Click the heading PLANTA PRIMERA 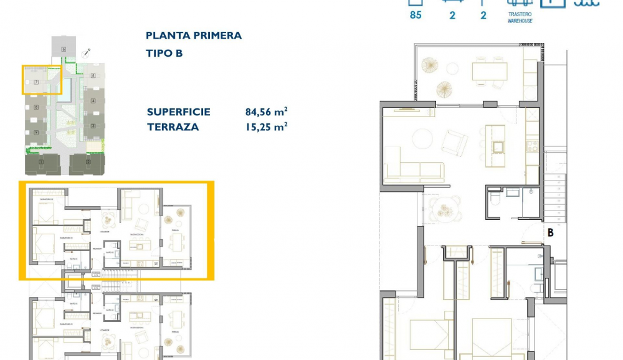tap(193, 36)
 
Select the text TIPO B tap(164, 54)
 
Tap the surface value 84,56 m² tap(266, 112)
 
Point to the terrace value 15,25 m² tap(266, 127)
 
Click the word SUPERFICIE tap(178, 112)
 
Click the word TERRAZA tap(173, 127)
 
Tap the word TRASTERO tap(520, 15)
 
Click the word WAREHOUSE tap(520, 21)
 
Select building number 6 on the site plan tap(64, 49)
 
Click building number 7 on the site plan tap(36, 82)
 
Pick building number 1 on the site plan tap(41, 163)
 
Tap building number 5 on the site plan tap(93, 76)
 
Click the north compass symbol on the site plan tap(89, 51)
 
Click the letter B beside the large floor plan tap(550, 232)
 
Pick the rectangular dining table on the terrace tap(490, 71)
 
